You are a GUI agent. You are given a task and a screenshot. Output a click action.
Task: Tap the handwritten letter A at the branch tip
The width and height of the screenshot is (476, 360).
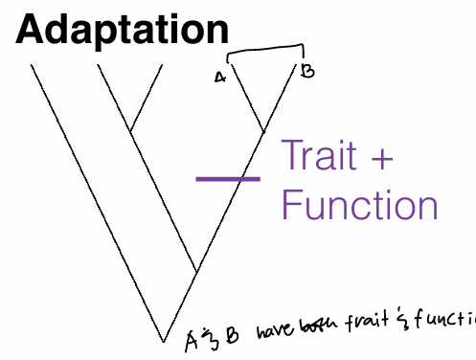point(220,77)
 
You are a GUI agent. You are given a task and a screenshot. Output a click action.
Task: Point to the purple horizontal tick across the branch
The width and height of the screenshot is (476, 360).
point(228,178)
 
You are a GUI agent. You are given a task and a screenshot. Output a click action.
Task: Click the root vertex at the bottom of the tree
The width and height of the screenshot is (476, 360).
point(164,340)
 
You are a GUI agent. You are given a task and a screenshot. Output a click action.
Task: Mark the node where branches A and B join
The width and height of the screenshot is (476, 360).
point(264,131)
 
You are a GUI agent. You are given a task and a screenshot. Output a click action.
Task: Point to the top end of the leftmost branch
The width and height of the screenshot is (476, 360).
point(32,65)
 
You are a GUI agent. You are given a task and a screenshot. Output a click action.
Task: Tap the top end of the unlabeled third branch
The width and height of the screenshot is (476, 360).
point(160,65)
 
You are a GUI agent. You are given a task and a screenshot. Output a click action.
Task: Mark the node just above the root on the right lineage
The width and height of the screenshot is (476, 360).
point(196,271)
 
